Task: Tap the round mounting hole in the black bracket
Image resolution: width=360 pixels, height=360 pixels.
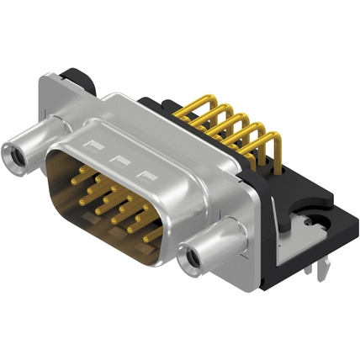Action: (x=317, y=224)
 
